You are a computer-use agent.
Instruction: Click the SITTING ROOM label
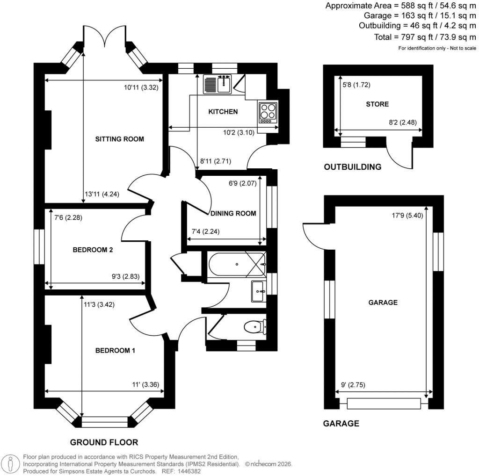[119, 139]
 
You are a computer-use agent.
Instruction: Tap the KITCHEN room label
[223, 112]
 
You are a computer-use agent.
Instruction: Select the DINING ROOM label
[233, 213]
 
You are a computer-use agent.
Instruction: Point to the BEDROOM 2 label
[93, 250]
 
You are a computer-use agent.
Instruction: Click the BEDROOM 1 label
[115, 350]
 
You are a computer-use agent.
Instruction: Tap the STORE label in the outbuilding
[377, 104]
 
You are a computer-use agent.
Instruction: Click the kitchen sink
[218, 84]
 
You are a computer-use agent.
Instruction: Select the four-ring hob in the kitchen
[268, 112]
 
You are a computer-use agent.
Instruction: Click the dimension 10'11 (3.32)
[143, 87]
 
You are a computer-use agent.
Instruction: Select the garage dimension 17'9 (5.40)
[409, 216]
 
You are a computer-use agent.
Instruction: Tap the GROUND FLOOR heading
[104, 442]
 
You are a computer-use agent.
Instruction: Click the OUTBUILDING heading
[352, 167]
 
